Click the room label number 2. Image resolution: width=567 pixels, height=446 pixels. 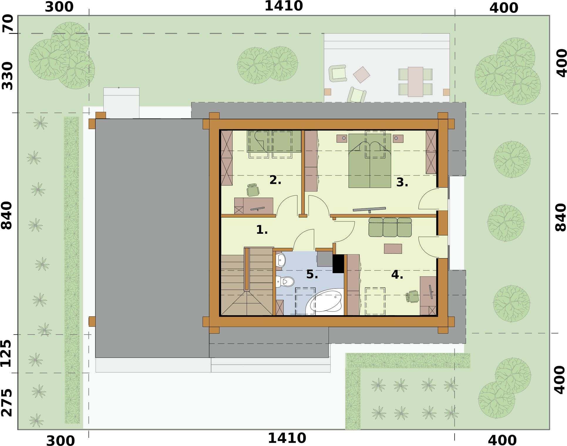[x=275, y=180]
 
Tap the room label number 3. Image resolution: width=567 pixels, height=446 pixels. [x=402, y=182]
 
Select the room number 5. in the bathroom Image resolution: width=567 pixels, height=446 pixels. [x=312, y=274]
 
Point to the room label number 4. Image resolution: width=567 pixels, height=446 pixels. [x=397, y=275]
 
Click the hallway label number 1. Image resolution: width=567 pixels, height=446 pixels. [x=262, y=230]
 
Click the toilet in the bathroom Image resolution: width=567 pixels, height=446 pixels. [x=285, y=282]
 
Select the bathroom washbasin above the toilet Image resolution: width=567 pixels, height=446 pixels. [x=280, y=260]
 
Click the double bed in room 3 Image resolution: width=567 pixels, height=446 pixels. [x=370, y=161]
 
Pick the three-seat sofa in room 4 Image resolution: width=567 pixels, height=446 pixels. [x=390, y=227]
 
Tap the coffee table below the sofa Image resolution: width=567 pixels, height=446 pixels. [x=393, y=249]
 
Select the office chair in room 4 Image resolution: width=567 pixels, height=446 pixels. [x=413, y=296]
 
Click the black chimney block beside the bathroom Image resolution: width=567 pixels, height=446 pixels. [x=338, y=264]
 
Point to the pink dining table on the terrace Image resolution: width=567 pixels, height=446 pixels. [x=415, y=82]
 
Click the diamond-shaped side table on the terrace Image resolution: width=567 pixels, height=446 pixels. [x=361, y=75]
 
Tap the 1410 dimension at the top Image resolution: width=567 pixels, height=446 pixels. [x=284, y=6]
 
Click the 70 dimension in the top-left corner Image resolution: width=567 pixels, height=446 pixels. [x=8, y=23]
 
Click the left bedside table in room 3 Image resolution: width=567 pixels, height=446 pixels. [x=342, y=138]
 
